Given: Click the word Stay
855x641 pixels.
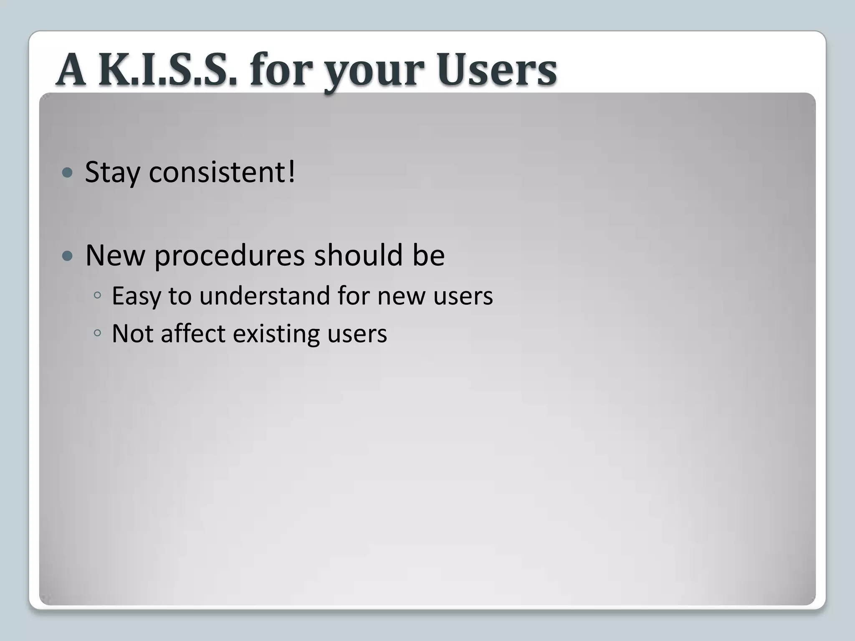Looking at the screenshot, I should click(112, 172).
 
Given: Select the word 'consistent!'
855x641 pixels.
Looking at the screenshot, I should click(222, 172).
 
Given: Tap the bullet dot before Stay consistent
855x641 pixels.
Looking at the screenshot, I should click(67, 172).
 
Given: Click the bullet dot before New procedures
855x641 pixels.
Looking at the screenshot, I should click(67, 256).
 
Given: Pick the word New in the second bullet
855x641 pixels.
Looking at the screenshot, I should click(115, 255).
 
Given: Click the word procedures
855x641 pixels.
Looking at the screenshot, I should click(229, 256).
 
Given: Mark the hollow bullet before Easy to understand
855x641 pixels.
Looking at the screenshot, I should click(97, 295).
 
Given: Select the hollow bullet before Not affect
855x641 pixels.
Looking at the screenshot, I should click(97, 333).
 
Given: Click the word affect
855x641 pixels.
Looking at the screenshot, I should click(193, 333).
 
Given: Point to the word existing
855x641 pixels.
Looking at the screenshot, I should click(276, 334).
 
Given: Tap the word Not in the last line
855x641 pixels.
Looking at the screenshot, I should click(132, 333).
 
